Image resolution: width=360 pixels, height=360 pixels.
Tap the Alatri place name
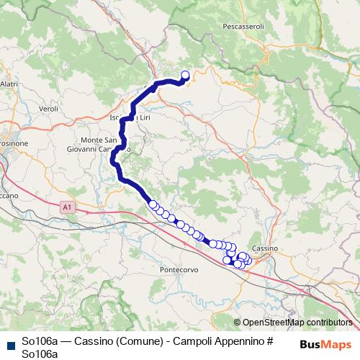coord(9,84)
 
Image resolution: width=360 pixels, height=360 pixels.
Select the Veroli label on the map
coord(48,109)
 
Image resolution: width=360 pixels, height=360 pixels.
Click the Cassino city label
coord(266,248)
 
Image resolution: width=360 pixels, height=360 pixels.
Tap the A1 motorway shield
coord(67,207)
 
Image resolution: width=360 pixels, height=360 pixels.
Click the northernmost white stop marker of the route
coord(184,75)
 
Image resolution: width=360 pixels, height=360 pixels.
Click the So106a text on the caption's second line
coord(40,353)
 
